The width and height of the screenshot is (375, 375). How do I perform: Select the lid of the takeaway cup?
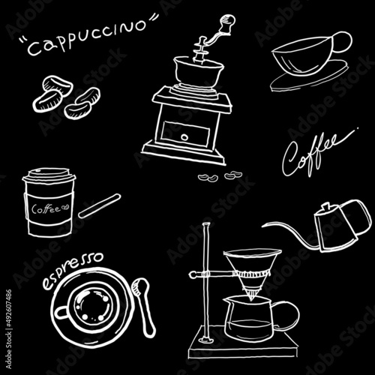[x=49, y=175]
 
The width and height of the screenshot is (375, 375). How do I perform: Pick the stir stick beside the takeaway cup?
[x=100, y=205]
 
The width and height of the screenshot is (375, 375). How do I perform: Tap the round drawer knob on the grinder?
[x=184, y=137]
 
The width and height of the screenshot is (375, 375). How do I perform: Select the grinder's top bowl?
[x=199, y=72]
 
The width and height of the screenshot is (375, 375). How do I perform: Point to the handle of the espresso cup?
[x=61, y=313]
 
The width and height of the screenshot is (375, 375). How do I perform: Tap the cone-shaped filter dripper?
[x=253, y=272]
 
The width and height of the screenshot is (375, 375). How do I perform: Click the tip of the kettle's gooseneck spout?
[x=262, y=226]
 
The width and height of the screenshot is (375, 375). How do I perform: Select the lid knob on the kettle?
[x=325, y=207]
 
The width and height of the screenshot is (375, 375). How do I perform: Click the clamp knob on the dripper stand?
[x=193, y=275]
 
